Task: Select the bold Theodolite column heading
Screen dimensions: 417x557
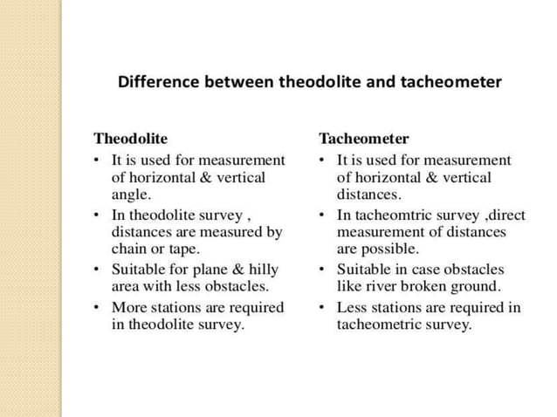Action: pos(131,139)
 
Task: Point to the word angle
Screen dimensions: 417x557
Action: pos(130,195)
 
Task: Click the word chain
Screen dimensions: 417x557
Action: pos(129,249)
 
